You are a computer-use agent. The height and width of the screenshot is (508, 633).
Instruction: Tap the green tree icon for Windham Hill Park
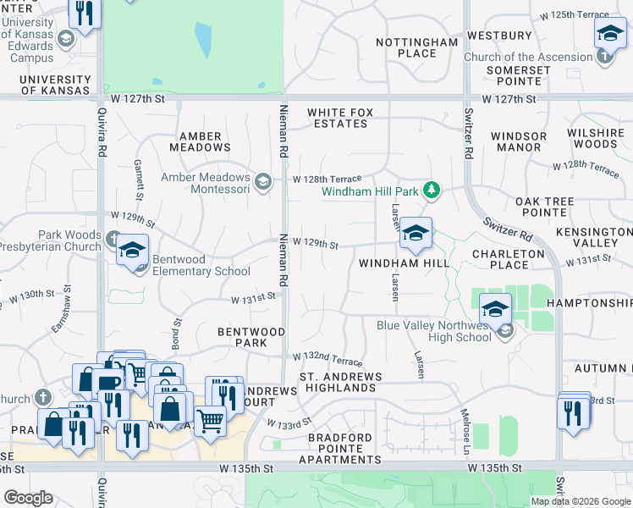pos(432,190)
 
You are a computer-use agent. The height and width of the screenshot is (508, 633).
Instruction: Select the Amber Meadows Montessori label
pos(206,183)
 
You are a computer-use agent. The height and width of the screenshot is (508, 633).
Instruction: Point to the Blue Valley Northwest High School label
pos(434,331)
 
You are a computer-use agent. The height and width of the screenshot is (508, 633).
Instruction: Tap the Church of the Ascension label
pos(528,58)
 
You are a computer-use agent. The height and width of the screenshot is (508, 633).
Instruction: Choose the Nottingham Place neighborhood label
pos(417,47)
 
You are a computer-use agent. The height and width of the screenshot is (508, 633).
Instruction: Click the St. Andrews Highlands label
pos(341,382)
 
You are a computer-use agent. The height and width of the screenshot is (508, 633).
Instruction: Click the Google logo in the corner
pos(28,498)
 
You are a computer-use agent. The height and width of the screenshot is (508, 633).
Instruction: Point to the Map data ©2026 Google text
pos(581,501)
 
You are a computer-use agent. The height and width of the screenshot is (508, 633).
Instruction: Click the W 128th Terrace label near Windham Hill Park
pos(328,179)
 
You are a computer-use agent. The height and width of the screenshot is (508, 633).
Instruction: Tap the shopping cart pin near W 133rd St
pos(210,419)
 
